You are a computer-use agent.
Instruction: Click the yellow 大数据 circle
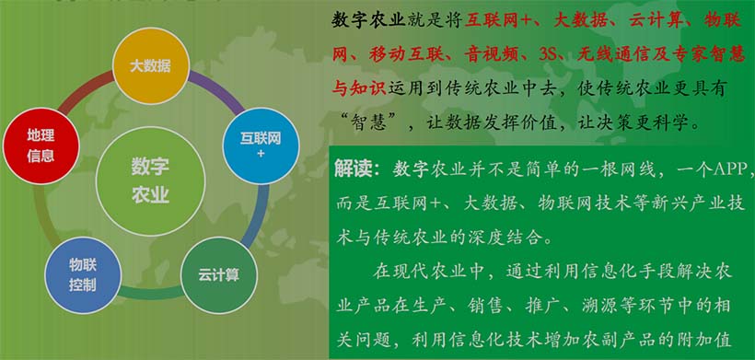[x=150, y=65]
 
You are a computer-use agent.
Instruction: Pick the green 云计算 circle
[x=218, y=273]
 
